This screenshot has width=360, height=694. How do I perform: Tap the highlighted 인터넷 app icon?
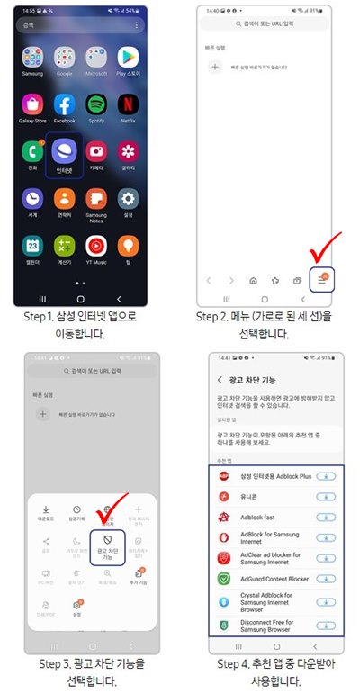64,149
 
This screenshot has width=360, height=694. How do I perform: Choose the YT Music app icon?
95,246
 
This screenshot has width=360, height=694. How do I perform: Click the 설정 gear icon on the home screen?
128,198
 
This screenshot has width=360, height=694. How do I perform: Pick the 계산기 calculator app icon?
64,246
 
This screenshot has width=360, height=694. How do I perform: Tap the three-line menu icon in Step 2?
323,281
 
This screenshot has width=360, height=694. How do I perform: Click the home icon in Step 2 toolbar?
253,281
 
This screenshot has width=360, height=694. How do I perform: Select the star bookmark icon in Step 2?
276,281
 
